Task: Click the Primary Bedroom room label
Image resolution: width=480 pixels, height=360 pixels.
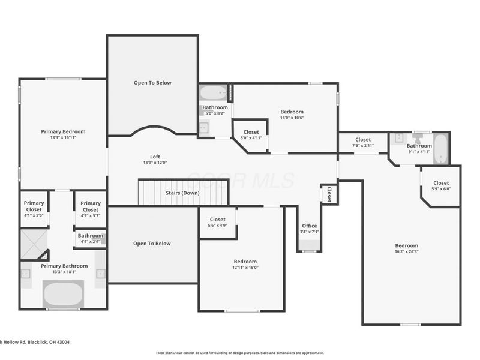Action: (x=63, y=131)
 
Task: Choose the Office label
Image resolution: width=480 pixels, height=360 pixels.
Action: (x=309, y=226)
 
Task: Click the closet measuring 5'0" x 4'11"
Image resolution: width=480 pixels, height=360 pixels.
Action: (x=251, y=135)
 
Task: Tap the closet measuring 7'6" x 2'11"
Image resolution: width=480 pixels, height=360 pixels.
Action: (x=363, y=142)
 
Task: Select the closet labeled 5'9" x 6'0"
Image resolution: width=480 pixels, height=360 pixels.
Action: (x=441, y=186)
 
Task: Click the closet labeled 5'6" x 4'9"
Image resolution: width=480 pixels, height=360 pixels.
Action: (x=217, y=223)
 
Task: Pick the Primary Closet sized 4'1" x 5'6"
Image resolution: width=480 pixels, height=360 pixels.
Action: (x=34, y=209)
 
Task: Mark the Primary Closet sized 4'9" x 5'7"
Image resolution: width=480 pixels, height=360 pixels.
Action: (x=91, y=209)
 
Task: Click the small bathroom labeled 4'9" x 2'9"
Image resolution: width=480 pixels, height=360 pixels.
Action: (x=91, y=238)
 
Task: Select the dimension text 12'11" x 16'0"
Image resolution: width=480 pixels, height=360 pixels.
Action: (x=245, y=268)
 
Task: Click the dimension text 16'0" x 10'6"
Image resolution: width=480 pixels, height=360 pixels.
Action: (x=292, y=118)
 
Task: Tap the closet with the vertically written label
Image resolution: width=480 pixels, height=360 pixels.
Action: (x=329, y=194)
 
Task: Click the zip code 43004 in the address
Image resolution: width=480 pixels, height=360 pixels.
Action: (x=62, y=342)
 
